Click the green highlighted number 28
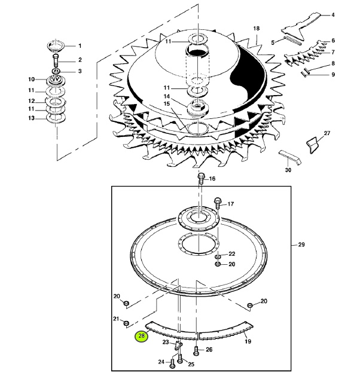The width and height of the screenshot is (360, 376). click(142, 336)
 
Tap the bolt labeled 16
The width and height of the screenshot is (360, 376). click(201, 179)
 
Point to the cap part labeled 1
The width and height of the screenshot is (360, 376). click(56, 46)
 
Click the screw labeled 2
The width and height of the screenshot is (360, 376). click(56, 60)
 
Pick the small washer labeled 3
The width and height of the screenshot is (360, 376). click(56, 71)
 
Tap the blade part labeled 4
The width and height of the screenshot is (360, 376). click(301, 26)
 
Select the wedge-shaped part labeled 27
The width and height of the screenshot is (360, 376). click(312, 145)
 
